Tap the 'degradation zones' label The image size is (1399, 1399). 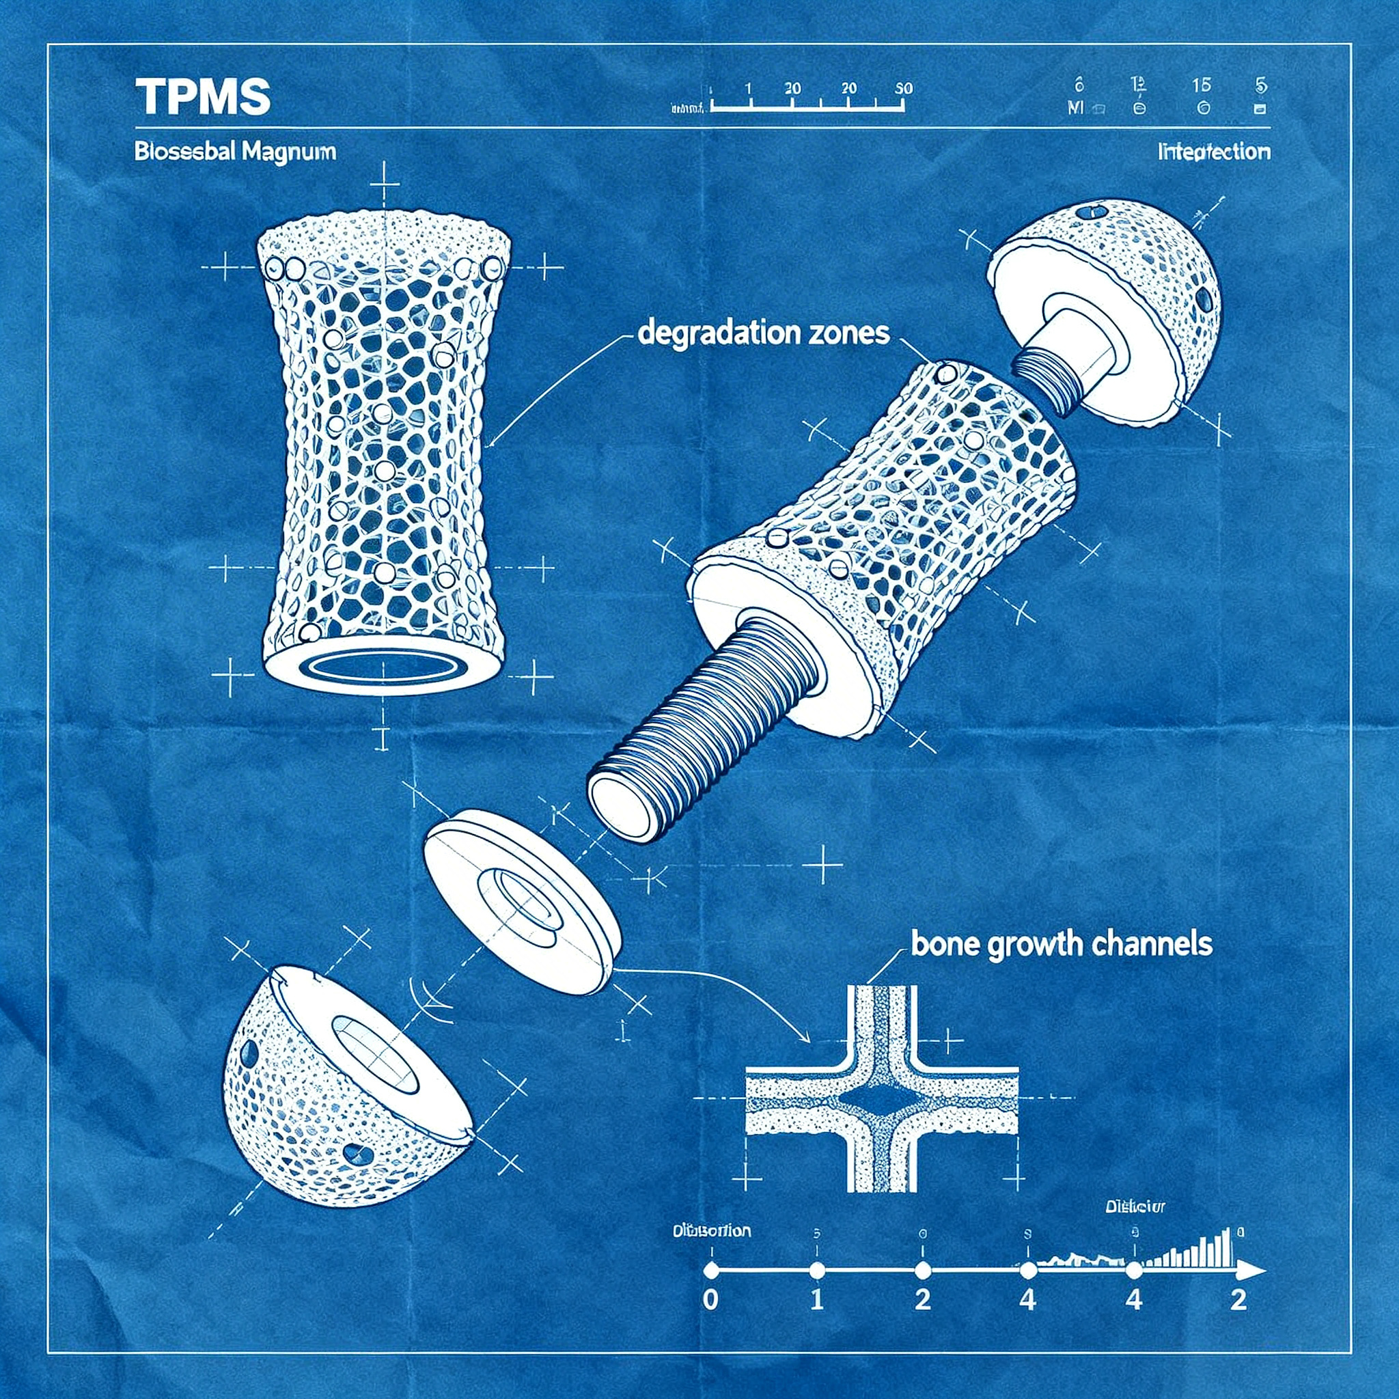tap(763, 333)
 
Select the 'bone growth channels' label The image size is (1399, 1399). tap(1061, 944)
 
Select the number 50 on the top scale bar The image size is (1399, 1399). tap(904, 88)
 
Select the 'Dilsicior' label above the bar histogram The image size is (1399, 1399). tap(1135, 1207)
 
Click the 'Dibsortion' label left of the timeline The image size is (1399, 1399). tap(711, 1231)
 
